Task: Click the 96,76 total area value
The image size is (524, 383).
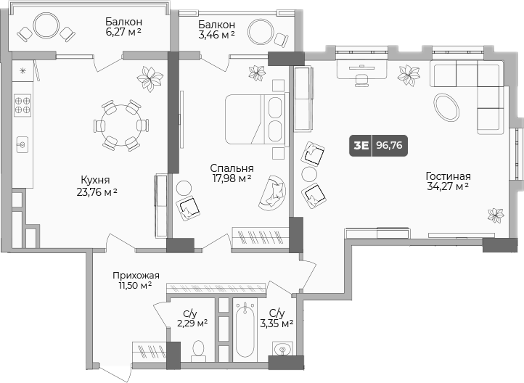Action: pos(390,145)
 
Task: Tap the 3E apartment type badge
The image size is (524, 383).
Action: pos(361,145)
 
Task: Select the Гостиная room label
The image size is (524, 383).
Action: pos(448,181)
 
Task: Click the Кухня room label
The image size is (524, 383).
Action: pos(95,186)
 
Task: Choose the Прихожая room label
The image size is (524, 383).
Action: pos(136,280)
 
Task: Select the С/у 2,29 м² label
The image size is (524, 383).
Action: pos(192,318)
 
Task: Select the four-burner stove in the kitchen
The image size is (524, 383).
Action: pos(22,106)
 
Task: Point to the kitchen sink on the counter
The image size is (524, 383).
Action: pos(22,145)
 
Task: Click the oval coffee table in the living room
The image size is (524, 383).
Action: pos(446,107)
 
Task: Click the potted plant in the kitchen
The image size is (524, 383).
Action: pos(152,76)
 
